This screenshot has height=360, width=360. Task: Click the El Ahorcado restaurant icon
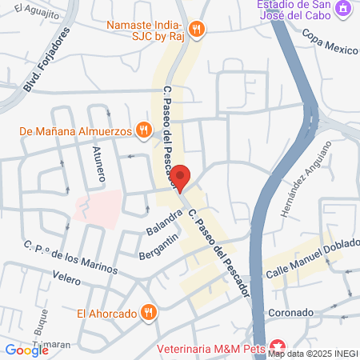147,313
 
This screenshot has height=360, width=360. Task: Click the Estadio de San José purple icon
345,8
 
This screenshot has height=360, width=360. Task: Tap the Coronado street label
285,313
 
